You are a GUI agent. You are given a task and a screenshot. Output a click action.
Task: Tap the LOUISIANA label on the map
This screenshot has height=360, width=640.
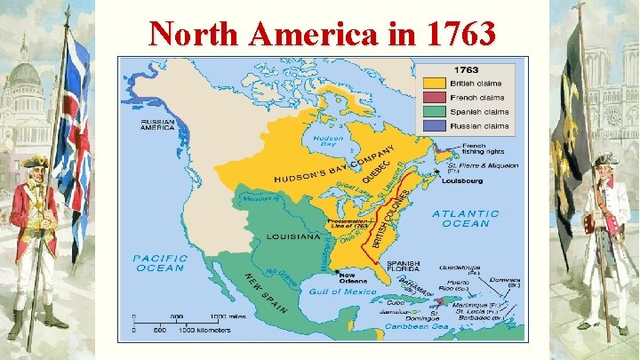click(x=292, y=237)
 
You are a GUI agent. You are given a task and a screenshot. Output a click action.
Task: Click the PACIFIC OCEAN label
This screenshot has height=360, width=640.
click(x=161, y=262)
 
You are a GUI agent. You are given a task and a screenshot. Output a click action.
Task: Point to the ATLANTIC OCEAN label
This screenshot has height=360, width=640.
click(x=466, y=218)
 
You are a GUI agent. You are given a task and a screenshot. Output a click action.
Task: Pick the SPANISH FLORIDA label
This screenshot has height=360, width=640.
click(x=403, y=268)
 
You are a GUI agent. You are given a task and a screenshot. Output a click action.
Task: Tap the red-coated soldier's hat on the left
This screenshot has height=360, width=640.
click(x=36, y=161)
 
